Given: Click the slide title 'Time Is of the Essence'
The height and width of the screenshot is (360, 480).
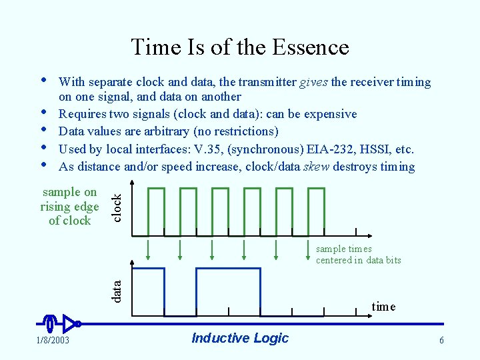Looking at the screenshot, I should tap(240, 47).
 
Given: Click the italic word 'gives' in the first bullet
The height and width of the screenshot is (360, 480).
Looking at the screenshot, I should tap(313, 82).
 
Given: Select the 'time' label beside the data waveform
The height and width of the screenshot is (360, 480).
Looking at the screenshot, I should tap(383, 307).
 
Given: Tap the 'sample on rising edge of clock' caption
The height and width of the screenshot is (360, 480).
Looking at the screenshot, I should tap(69, 207).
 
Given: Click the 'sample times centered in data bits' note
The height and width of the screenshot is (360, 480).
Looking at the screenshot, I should tap(358, 255).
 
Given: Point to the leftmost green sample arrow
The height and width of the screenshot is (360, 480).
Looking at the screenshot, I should tap(148, 248).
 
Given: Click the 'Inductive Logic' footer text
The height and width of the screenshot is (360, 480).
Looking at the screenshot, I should tap(240, 338).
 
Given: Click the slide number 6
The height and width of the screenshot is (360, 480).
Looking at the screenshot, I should tap(441, 341).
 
